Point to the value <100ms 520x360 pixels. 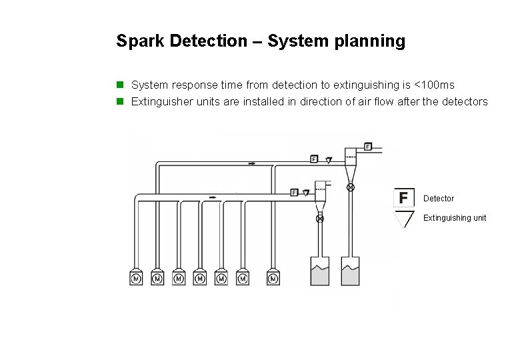[434, 85]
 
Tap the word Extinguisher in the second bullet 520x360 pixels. [159, 102]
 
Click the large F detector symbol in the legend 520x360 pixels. [403, 198]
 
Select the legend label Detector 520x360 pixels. [439, 199]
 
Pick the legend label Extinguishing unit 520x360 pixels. [455, 218]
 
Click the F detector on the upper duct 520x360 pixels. [314, 159]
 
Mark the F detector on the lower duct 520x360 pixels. [294, 193]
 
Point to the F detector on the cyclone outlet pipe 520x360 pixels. [368, 145]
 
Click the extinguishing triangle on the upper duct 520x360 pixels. [329, 160]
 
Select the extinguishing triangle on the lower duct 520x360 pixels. [306, 193]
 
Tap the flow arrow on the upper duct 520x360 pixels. [251, 163]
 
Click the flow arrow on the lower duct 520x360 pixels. [212, 197]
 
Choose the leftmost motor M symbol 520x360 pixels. [136, 278]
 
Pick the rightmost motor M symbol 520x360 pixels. [273, 278]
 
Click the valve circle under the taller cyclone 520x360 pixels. [351, 188]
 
